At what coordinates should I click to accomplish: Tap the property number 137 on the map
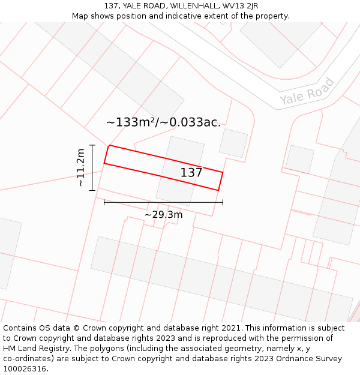191,173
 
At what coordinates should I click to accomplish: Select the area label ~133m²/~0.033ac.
163,122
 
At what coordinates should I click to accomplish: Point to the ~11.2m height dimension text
80,168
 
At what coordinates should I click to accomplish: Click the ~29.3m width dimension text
163,214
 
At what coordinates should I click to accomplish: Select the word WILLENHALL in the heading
194,6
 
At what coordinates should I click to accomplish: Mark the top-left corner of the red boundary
109,145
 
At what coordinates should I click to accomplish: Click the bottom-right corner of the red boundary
218,191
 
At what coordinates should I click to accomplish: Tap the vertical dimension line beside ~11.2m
92,168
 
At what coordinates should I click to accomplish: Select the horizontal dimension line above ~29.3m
163,202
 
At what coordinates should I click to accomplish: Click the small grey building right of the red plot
233,143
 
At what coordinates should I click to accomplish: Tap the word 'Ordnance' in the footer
283,359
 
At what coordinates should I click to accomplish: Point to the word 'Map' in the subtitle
80,16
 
